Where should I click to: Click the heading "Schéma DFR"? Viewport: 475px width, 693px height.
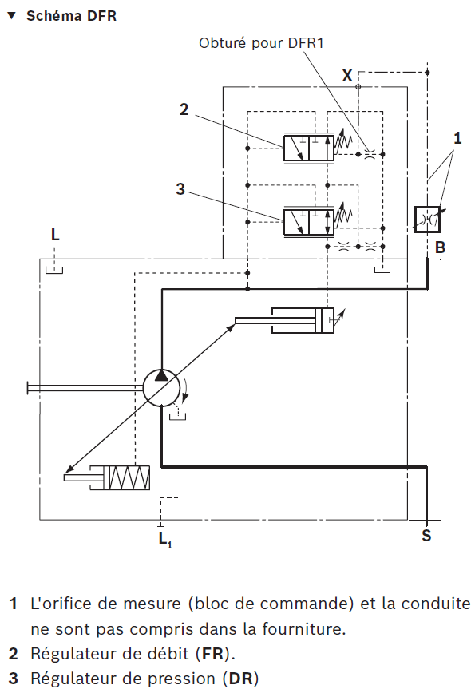click(x=71, y=16)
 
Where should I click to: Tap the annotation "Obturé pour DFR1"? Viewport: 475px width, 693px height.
click(x=261, y=43)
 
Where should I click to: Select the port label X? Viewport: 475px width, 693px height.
click(x=347, y=76)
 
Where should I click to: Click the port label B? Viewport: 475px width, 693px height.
click(x=440, y=247)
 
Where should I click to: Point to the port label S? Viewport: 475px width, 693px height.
click(x=426, y=536)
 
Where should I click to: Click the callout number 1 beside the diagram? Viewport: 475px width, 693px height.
click(x=457, y=138)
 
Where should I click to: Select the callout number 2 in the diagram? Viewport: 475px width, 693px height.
click(x=184, y=109)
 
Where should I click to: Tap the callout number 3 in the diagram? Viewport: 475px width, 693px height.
click(x=180, y=188)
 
